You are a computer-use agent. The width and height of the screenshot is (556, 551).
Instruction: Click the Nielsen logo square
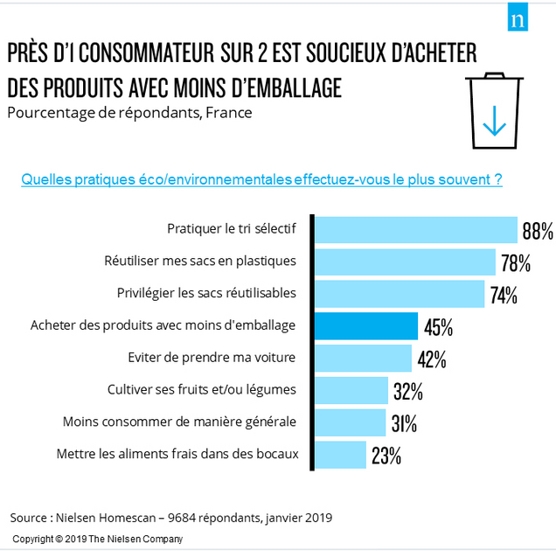click(x=519, y=19)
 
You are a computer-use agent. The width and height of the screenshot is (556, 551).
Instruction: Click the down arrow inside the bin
click(x=495, y=120)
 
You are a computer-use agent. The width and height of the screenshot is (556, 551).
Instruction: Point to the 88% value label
click(x=537, y=231)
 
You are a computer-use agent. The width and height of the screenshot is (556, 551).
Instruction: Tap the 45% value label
click(x=438, y=327)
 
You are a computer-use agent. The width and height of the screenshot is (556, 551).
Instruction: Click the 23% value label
click(x=385, y=456)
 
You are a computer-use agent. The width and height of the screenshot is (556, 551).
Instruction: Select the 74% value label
click(x=504, y=295)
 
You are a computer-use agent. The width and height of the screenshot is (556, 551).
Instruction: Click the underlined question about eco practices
click(x=261, y=179)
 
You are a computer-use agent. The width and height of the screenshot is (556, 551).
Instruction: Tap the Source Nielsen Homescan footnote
click(x=171, y=517)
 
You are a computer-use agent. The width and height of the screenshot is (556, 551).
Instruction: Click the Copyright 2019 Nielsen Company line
click(x=98, y=539)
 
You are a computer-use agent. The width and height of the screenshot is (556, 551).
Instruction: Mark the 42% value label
click(x=432, y=359)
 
